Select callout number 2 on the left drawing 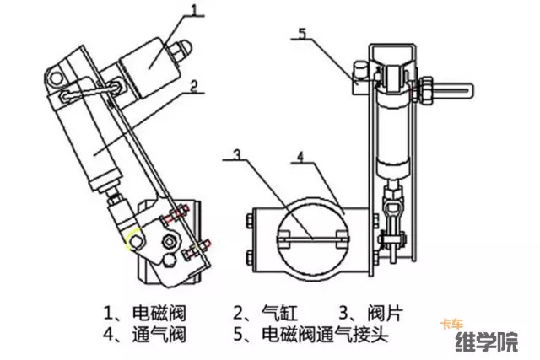coord(193,85)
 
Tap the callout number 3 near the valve coord(239,154)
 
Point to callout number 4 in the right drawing coord(301,156)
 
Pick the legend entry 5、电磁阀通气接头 coord(309,336)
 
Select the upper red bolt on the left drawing coord(174,218)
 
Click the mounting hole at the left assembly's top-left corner coord(57,79)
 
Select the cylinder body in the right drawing coord(394,131)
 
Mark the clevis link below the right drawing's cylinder coord(393,207)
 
